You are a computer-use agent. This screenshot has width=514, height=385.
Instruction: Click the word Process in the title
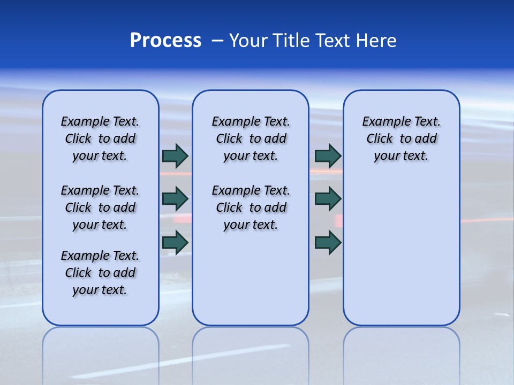165,41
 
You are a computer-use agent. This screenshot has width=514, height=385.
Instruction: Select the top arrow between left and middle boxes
175,156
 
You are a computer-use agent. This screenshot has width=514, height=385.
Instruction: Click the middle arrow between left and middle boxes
175,199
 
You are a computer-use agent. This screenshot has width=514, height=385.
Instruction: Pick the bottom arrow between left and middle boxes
175,242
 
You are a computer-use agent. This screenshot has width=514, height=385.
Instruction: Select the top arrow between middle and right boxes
328,156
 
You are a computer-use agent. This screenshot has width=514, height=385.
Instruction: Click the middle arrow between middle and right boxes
328,199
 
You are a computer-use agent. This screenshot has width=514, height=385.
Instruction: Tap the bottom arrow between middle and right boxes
328,242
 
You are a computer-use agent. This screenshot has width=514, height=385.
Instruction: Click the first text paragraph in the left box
100,138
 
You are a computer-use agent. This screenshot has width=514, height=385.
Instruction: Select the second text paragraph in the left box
100,207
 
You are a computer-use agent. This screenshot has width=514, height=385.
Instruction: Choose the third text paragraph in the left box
100,273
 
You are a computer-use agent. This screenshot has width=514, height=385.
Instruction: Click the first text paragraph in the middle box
251,138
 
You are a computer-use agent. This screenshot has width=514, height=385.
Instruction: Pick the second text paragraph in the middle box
251,207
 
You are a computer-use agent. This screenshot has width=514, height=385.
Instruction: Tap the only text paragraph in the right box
402,138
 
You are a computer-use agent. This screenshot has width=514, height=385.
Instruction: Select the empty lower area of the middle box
251,278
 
